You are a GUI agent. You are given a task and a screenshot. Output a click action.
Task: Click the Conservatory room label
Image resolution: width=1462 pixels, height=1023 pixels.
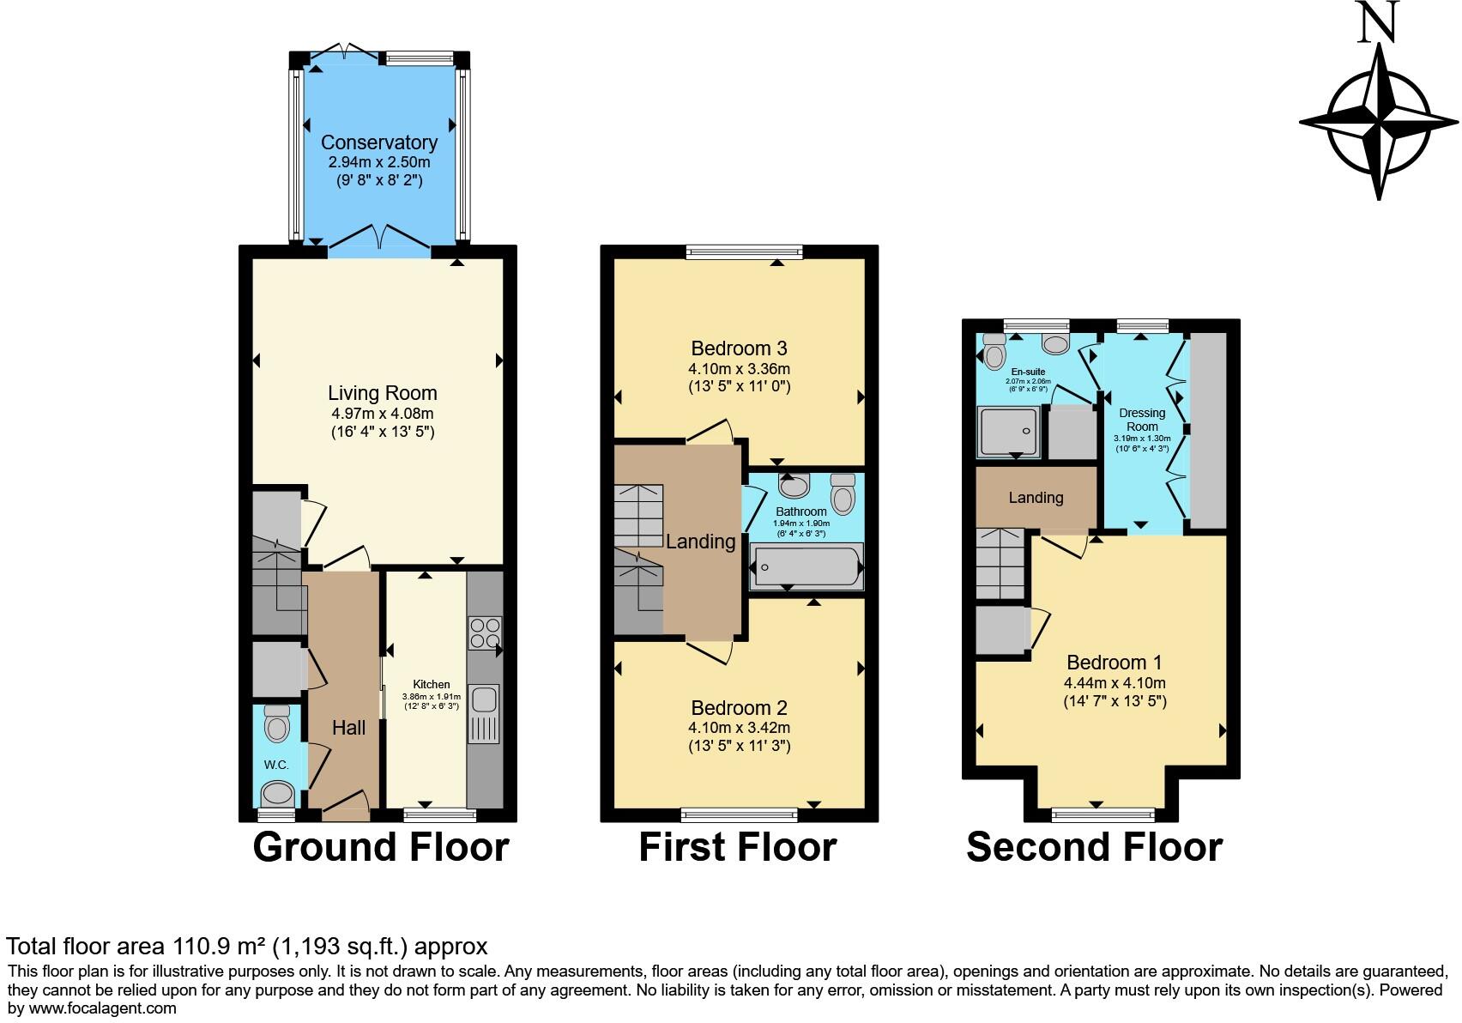click(378, 142)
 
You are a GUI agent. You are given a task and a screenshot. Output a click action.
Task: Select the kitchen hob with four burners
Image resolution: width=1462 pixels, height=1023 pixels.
click(485, 633)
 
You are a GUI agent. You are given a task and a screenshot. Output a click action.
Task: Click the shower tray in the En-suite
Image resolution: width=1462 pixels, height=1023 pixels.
click(1007, 432)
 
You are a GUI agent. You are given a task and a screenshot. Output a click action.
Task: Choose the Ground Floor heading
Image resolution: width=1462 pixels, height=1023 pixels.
click(381, 847)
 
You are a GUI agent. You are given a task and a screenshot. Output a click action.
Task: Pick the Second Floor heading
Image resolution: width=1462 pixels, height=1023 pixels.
click(1094, 847)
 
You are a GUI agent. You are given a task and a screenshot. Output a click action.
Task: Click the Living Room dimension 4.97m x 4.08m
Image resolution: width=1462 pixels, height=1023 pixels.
click(382, 414)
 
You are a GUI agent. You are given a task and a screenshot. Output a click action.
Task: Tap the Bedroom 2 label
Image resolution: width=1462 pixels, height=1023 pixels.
click(739, 708)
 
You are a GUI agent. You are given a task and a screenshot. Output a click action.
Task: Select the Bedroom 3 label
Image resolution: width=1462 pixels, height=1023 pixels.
click(739, 348)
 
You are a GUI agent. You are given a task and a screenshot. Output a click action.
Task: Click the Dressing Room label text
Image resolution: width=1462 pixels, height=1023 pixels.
click(1142, 420)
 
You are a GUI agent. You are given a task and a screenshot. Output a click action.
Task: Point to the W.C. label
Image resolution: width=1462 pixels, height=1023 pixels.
click(276, 765)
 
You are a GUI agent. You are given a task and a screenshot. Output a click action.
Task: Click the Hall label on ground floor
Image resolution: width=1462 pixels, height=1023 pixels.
click(348, 728)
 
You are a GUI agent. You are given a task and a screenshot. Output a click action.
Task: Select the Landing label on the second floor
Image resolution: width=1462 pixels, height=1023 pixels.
click(1036, 498)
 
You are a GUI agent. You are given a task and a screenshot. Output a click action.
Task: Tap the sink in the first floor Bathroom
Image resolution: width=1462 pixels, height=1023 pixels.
click(794, 487)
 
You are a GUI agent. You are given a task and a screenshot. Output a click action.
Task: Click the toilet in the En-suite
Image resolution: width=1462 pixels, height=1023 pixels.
click(994, 352)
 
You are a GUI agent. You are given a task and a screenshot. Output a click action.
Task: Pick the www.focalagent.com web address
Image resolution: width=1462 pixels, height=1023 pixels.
click(102, 1008)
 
